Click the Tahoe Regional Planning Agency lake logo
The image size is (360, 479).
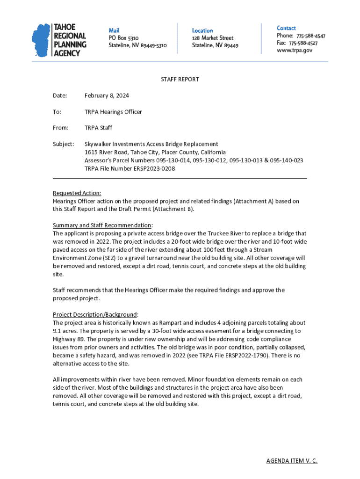click(x=41, y=40)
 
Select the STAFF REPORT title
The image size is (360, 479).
click(x=180, y=80)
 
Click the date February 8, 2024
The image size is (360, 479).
click(x=107, y=96)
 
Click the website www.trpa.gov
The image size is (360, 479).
click(x=295, y=50)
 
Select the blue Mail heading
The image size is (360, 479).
click(x=114, y=30)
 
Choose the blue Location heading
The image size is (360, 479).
click(x=202, y=30)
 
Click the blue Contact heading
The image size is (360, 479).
click(x=286, y=29)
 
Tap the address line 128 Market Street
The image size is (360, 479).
click(x=213, y=38)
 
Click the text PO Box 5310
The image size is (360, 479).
click(x=123, y=38)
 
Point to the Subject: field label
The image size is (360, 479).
click(x=64, y=144)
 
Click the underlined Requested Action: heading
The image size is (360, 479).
click(x=77, y=193)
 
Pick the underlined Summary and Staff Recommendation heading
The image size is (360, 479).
click(x=102, y=225)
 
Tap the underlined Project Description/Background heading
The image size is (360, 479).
click(x=95, y=314)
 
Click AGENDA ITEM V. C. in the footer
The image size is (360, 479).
click(x=292, y=461)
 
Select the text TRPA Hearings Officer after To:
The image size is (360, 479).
click(x=113, y=112)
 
